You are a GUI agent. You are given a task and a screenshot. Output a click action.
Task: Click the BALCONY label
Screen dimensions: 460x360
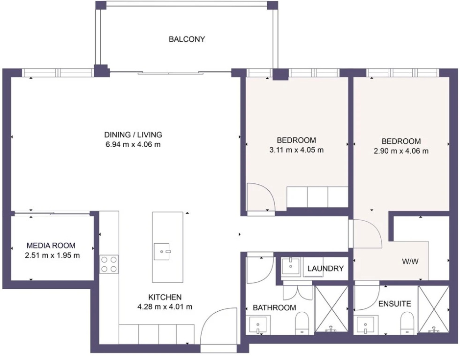point(187,39)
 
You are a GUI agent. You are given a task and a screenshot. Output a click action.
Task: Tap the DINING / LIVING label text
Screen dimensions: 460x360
point(133,135)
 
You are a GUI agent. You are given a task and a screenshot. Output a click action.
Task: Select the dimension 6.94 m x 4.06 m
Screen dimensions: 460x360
point(133,144)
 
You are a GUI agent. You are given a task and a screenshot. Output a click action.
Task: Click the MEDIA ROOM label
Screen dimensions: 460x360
point(51,245)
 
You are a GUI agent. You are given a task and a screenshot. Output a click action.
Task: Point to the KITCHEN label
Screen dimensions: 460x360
point(165,297)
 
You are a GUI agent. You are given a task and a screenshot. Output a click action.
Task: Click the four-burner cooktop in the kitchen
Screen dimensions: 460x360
point(109,264)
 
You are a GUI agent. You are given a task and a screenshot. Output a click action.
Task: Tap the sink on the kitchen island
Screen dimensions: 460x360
point(162,252)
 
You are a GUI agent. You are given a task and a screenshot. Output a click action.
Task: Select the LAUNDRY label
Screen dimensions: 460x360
point(325,268)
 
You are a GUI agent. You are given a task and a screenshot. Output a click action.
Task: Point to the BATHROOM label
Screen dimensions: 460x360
point(274,307)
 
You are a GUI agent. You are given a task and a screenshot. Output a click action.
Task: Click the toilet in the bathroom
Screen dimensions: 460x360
point(302,323)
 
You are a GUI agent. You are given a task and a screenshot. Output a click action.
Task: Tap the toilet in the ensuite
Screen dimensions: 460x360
point(407,323)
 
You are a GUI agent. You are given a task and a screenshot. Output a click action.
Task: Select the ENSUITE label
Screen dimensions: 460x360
point(394,304)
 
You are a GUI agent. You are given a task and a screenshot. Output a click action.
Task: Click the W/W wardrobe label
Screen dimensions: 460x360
point(410,262)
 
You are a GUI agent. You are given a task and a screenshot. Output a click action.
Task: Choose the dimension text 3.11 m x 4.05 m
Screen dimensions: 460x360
point(296,150)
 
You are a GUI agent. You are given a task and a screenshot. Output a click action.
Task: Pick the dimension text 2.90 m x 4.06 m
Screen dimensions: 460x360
point(401,151)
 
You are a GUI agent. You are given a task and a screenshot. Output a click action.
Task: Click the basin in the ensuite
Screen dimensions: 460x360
point(366,325)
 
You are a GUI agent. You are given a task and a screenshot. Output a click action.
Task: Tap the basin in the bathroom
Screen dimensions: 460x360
point(258,325)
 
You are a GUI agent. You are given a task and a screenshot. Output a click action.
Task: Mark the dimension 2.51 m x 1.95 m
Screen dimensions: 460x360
point(53,255)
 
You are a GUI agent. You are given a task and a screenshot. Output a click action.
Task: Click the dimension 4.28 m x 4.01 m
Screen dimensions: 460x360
point(165,307)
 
